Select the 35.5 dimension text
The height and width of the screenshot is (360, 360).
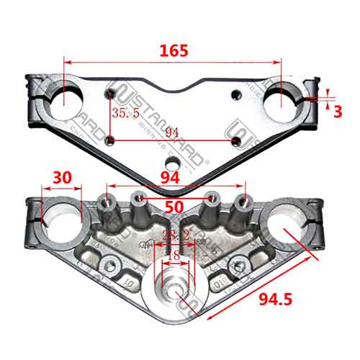click(x=125, y=113)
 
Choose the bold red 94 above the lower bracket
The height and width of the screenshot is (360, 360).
click(x=171, y=177)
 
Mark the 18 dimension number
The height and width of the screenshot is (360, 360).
click(x=173, y=256)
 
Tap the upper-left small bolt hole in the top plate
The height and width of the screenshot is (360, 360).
click(x=109, y=94)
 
